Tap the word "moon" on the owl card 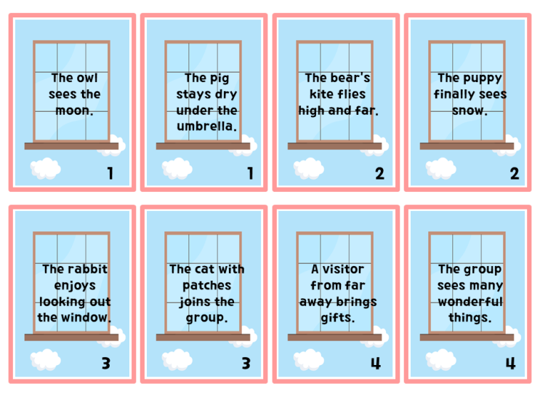tap(73, 111)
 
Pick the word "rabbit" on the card tap(90, 269)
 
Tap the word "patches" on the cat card tap(206, 286)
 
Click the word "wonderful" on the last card tap(470, 302)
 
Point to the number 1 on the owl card tap(110, 173)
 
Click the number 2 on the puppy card tap(515, 173)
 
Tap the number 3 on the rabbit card tap(106, 364)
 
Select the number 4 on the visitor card tap(376, 364)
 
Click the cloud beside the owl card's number tap(46, 169)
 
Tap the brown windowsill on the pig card tap(203, 146)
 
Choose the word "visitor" tap(343, 269)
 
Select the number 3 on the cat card tap(246, 364)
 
